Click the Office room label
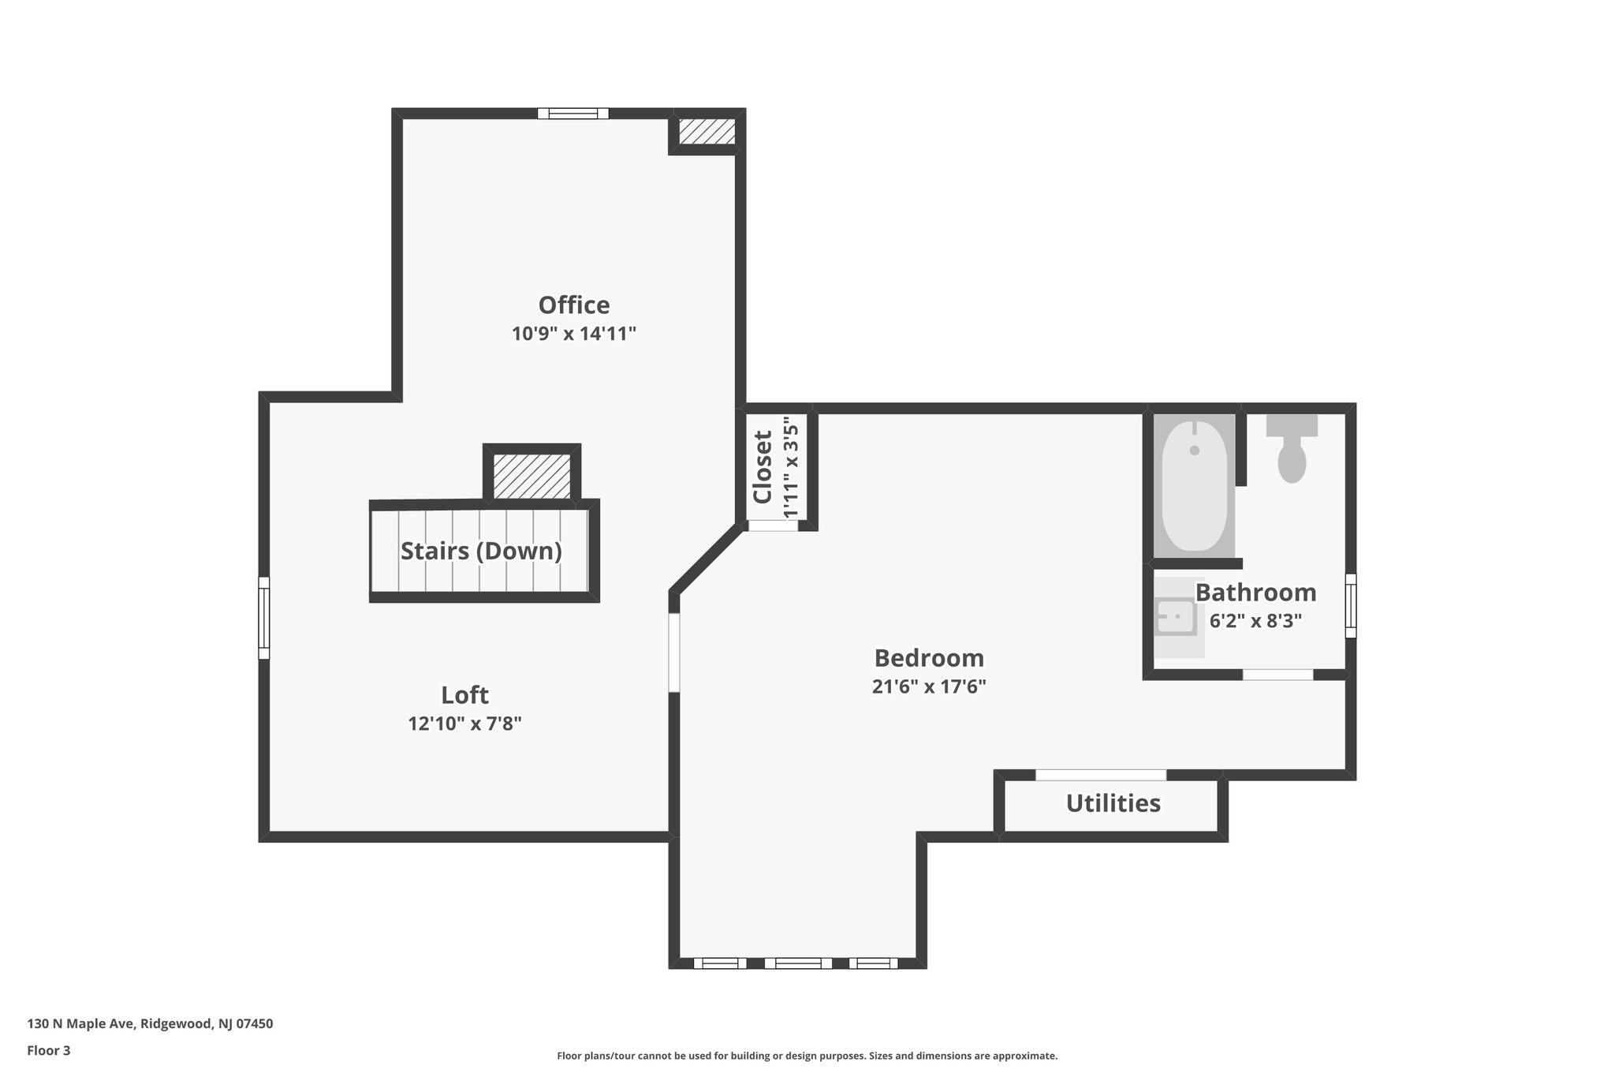[x=573, y=305]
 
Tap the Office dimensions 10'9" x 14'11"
[x=573, y=334]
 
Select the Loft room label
[x=464, y=695]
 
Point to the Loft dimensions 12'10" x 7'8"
[x=464, y=724]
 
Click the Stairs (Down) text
[x=481, y=551]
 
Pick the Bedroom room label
[x=929, y=658]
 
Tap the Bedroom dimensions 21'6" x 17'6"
[x=929, y=686]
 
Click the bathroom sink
[x=1177, y=616]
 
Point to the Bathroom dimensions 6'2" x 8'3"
[x=1255, y=621]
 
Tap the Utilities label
[x=1113, y=803]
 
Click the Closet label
[x=763, y=467]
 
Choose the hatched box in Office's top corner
[x=707, y=131]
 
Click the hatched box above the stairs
[x=531, y=476]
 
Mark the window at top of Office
[x=573, y=114]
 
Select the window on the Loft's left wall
[x=264, y=618]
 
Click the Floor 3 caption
[x=49, y=1050]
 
